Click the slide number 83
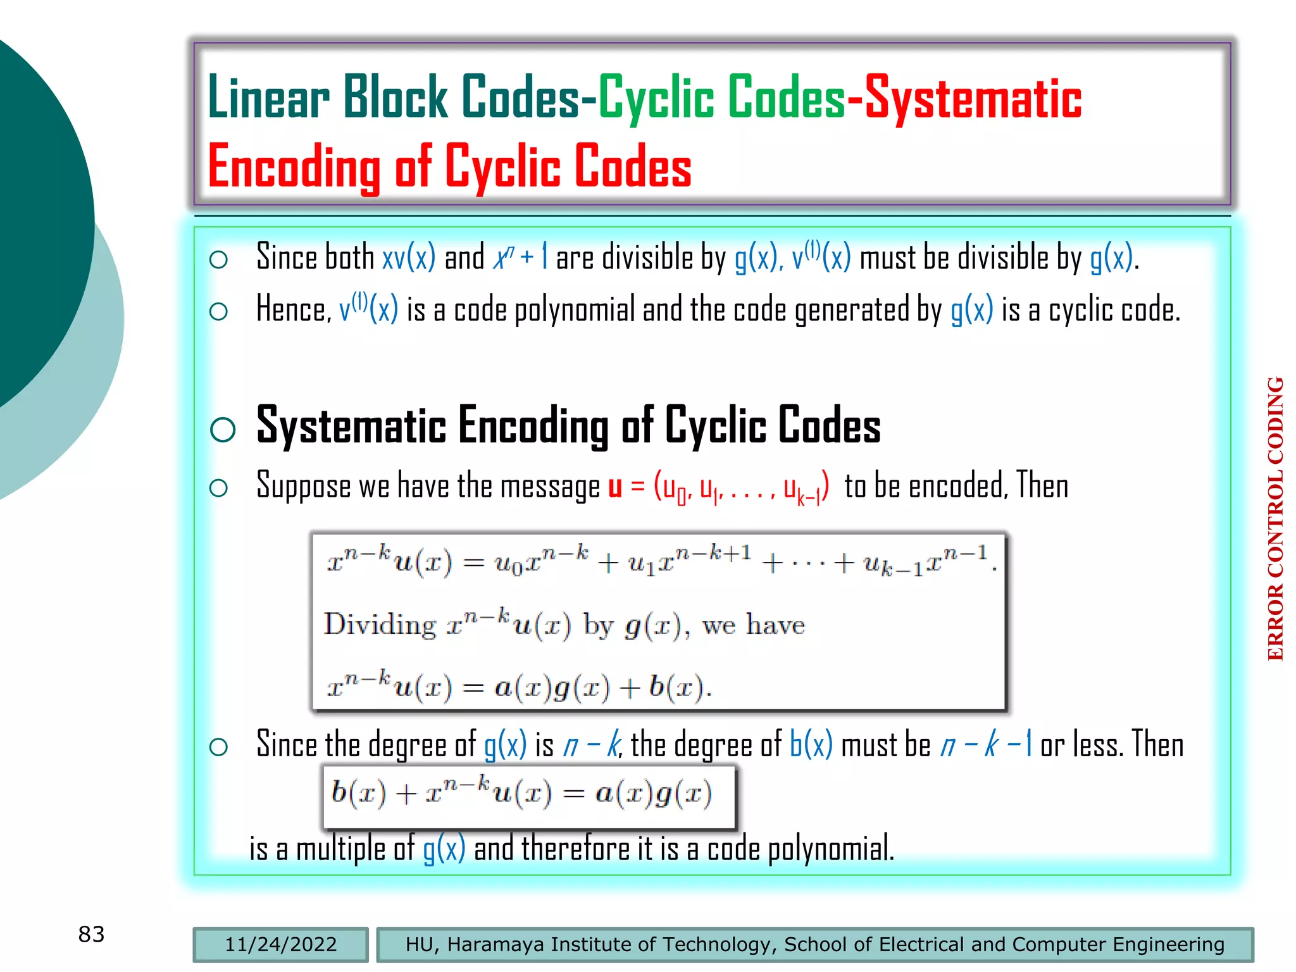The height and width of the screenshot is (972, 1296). (91, 934)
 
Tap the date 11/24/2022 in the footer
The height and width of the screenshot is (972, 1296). (280, 944)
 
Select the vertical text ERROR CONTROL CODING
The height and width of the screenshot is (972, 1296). (1275, 518)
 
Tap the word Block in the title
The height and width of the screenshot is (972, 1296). (396, 97)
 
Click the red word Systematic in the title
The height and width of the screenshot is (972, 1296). (973, 99)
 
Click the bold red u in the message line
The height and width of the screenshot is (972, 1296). (614, 487)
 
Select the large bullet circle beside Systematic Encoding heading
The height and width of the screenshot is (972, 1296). (223, 430)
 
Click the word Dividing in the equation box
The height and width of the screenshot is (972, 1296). (380, 625)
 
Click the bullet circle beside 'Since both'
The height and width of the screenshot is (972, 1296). (218, 259)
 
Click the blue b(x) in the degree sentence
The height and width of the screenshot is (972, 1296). (811, 744)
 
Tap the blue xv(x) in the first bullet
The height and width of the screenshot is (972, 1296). (409, 258)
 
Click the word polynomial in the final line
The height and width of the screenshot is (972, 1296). (830, 849)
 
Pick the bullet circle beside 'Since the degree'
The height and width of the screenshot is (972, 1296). (218, 747)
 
